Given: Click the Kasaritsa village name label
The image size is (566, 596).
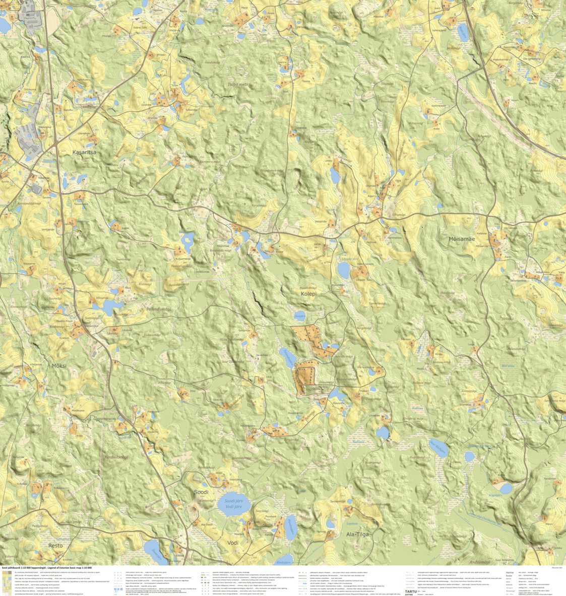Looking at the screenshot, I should point(84,152).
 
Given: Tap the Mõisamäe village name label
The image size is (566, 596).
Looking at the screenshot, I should point(461,239).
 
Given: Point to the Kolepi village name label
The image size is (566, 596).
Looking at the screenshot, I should point(308,294).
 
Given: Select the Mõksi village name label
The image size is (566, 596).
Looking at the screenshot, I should point(59,365).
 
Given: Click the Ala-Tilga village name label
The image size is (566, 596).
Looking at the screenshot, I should point(357,534).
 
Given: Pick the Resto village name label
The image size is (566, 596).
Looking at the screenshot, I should point(55,545).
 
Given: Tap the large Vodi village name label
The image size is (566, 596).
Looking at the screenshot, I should point(233,543).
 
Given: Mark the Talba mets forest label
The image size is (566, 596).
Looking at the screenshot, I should point(238,85).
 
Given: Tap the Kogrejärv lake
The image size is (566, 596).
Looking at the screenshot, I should point(506,488).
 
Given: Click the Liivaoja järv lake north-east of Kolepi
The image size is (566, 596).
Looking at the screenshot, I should point(344,271).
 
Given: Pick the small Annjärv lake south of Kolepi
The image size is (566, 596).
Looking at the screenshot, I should point(300,317).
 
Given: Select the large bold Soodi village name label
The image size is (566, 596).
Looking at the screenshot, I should point(201,492).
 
